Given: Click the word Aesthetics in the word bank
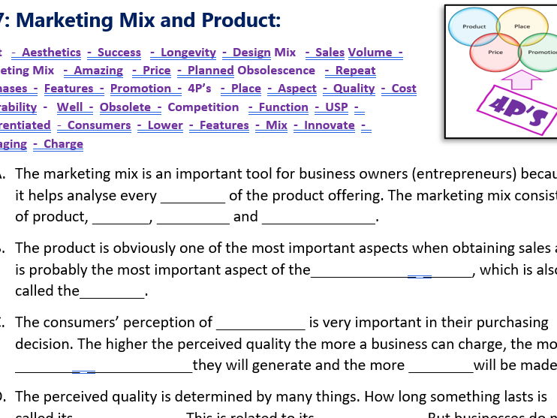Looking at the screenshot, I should point(51,52).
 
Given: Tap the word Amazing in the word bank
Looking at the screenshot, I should point(98,70).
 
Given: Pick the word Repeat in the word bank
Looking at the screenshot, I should point(355,70).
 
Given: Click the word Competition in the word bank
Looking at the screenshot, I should point(203,107).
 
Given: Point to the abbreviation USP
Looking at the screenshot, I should point(336,107).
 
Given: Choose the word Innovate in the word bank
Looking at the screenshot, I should point(330,125).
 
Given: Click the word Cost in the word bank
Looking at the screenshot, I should point(404,88).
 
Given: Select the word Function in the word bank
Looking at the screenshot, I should point(284,107).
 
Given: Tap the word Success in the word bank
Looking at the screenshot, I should point(119,52).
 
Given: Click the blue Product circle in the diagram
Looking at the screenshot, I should point(473,26).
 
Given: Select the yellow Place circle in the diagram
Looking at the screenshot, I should point(522,25).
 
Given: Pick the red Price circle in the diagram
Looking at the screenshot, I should point(495,53).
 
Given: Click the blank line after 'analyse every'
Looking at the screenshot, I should point(193,197).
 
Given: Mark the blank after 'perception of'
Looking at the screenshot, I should point(260,323).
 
